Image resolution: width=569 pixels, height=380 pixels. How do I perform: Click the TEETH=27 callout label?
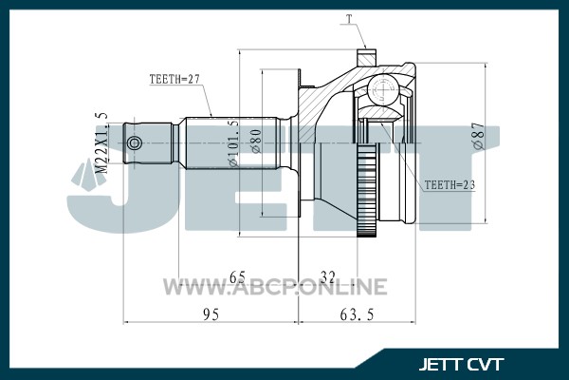point(174,79)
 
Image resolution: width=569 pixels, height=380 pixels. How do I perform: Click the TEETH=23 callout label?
point(450,184)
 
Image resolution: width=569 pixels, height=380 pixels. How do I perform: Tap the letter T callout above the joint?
point(349,19)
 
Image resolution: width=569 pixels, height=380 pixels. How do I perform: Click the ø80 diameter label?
point(256,142)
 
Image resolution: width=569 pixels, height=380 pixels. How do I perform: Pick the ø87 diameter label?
point(479,135)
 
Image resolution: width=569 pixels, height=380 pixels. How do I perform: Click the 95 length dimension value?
point(211,314)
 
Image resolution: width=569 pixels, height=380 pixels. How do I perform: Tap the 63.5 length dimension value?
point(357,314)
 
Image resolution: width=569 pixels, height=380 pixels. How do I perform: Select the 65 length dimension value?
point(238,277)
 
